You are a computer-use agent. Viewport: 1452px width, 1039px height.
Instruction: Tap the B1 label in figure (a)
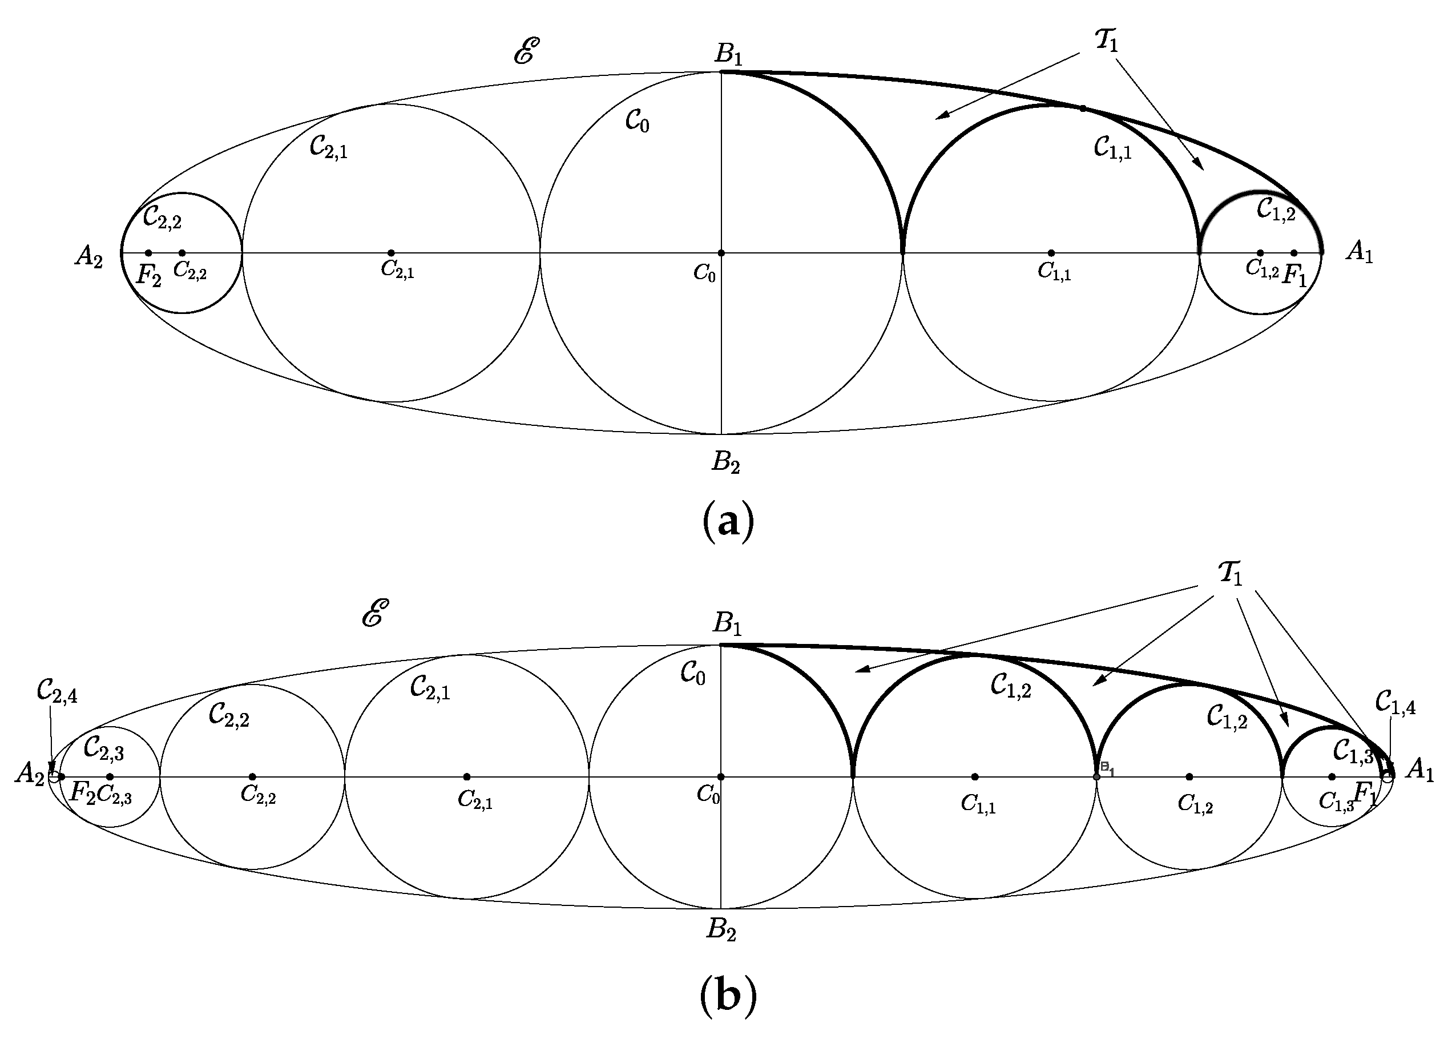coord(728,54)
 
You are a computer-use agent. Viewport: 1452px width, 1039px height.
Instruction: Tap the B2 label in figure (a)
coord(726,462)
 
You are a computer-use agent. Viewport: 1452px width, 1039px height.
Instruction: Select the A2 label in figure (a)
coord(88,257)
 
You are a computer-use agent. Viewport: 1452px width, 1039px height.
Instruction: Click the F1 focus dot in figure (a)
coord(1293,253)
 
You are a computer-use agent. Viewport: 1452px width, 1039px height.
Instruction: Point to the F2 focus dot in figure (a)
coord(148,253)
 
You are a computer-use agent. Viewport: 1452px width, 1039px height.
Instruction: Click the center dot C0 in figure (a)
coord(721,253)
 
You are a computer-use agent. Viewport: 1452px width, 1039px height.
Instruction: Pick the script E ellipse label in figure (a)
coord(526,51)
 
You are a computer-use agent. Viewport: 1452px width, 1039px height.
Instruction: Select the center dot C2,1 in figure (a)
coord(392,253)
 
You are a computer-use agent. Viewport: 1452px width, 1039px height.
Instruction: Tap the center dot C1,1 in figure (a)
coord(1051,253)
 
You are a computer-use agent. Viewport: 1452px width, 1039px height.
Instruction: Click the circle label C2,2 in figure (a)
coord(162,218)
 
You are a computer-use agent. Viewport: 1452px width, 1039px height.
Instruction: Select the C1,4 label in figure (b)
coord(1395,704)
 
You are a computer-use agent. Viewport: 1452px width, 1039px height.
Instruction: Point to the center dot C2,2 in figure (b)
coord(252,777)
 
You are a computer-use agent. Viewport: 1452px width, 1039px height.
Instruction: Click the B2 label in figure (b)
coord(721,929)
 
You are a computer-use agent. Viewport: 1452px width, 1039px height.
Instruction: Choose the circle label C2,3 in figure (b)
coord(104,748)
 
